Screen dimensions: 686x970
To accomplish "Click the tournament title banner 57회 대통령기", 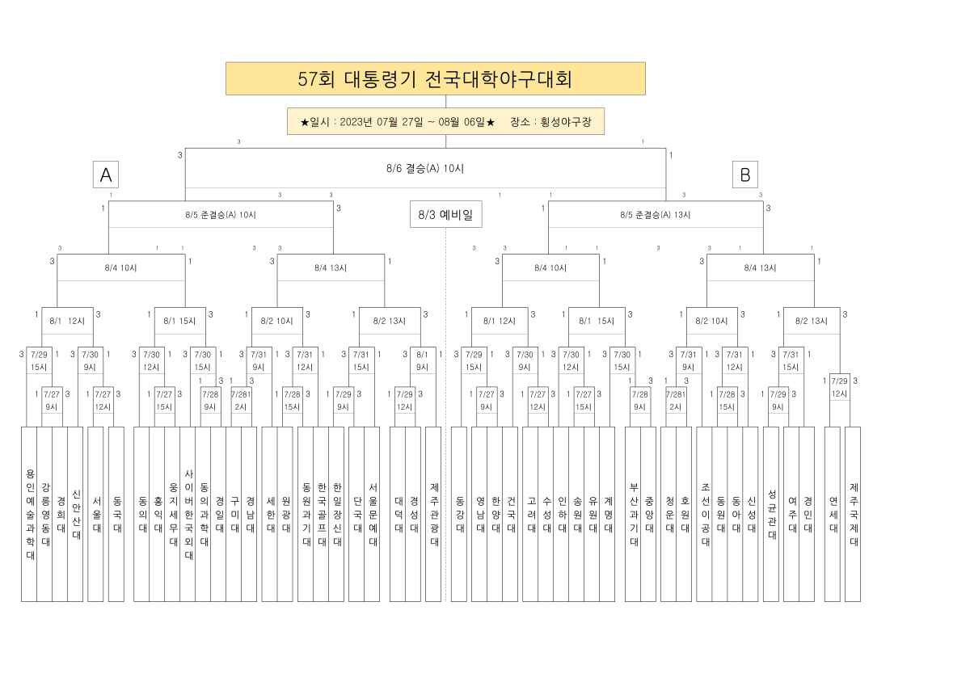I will [435, 78].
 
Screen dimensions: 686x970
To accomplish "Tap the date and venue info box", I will [445, 121].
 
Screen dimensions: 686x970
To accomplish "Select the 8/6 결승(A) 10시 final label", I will [425, 168].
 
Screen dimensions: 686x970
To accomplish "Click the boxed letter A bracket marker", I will [106, 175].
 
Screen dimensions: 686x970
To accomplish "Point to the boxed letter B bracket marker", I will [744, 175].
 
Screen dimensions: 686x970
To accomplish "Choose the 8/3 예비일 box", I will [445, 214].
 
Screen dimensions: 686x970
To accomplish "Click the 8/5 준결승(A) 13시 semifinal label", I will [655, 215].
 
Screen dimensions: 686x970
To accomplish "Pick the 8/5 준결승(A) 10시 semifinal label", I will [220, 215].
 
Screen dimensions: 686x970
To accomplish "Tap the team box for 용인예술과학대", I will [30, 514].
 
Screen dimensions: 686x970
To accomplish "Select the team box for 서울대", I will [96, 514].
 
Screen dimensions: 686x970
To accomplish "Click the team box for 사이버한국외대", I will [188, 514].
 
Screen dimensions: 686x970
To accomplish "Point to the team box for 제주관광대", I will [434, 514].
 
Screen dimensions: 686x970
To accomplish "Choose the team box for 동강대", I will [459, 514].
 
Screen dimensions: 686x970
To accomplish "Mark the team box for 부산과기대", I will [633, 514].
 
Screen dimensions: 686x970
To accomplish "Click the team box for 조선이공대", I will [705, 514].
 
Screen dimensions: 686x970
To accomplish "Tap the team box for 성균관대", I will [771, 514].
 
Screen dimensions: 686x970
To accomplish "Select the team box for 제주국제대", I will [854, 514].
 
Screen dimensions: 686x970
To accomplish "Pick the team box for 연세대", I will [833, 514].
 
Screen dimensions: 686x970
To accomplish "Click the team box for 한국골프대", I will [322, 514].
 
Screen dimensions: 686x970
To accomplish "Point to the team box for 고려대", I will [531, 514].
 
